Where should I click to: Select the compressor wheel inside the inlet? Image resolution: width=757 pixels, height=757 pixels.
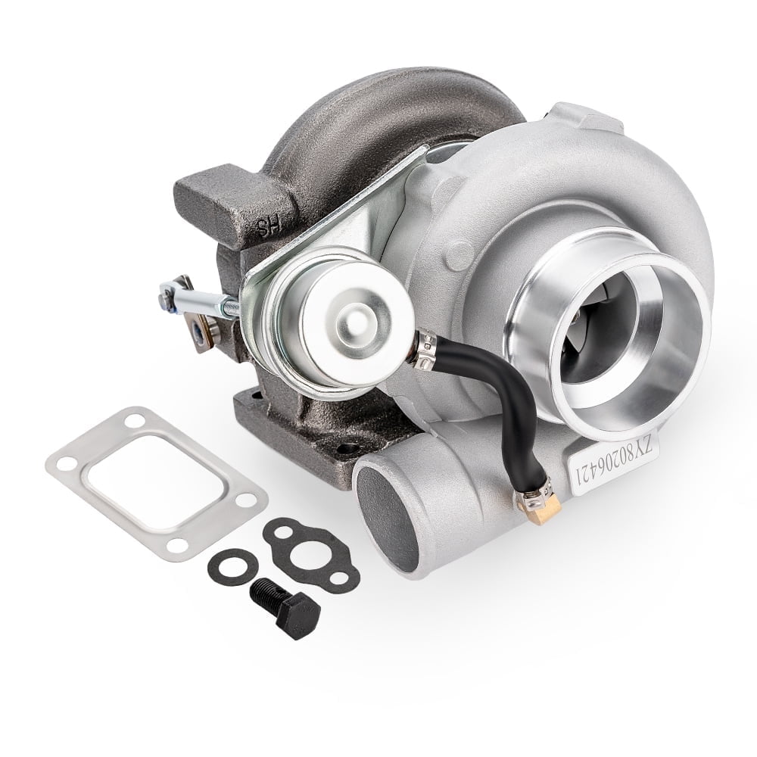[x=598, y=333]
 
